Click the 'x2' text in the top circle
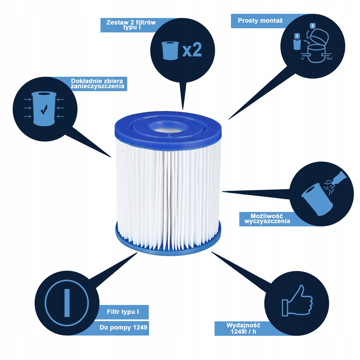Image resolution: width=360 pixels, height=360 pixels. [x=192, y=50]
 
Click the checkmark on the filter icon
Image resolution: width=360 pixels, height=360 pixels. [x=44, y=110]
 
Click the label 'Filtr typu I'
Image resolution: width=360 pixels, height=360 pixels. [x=122, y=311]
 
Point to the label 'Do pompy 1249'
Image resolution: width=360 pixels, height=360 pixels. [x=123, y=328]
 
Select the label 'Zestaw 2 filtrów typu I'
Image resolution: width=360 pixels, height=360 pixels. [x=131, y=25]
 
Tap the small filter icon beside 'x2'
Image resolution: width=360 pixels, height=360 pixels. [x=170, y=51]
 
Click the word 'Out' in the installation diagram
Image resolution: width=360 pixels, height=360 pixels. [x=329, y=59]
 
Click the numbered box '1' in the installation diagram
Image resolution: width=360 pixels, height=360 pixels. [x=297, y=36]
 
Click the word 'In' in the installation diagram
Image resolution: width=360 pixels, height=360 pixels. [x=302, y=59]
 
